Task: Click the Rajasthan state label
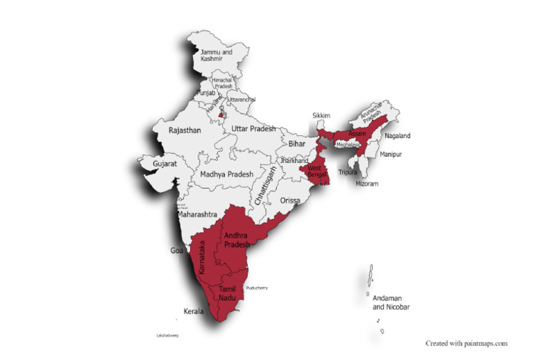coord(185,130)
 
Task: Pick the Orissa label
coord(290,200)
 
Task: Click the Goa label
coord(177,250)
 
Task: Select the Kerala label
coord(194,311)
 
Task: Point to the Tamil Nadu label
coord(228,293)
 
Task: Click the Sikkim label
coord(321,115)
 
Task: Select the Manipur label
coord(391,155)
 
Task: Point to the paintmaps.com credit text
coord(466,343)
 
